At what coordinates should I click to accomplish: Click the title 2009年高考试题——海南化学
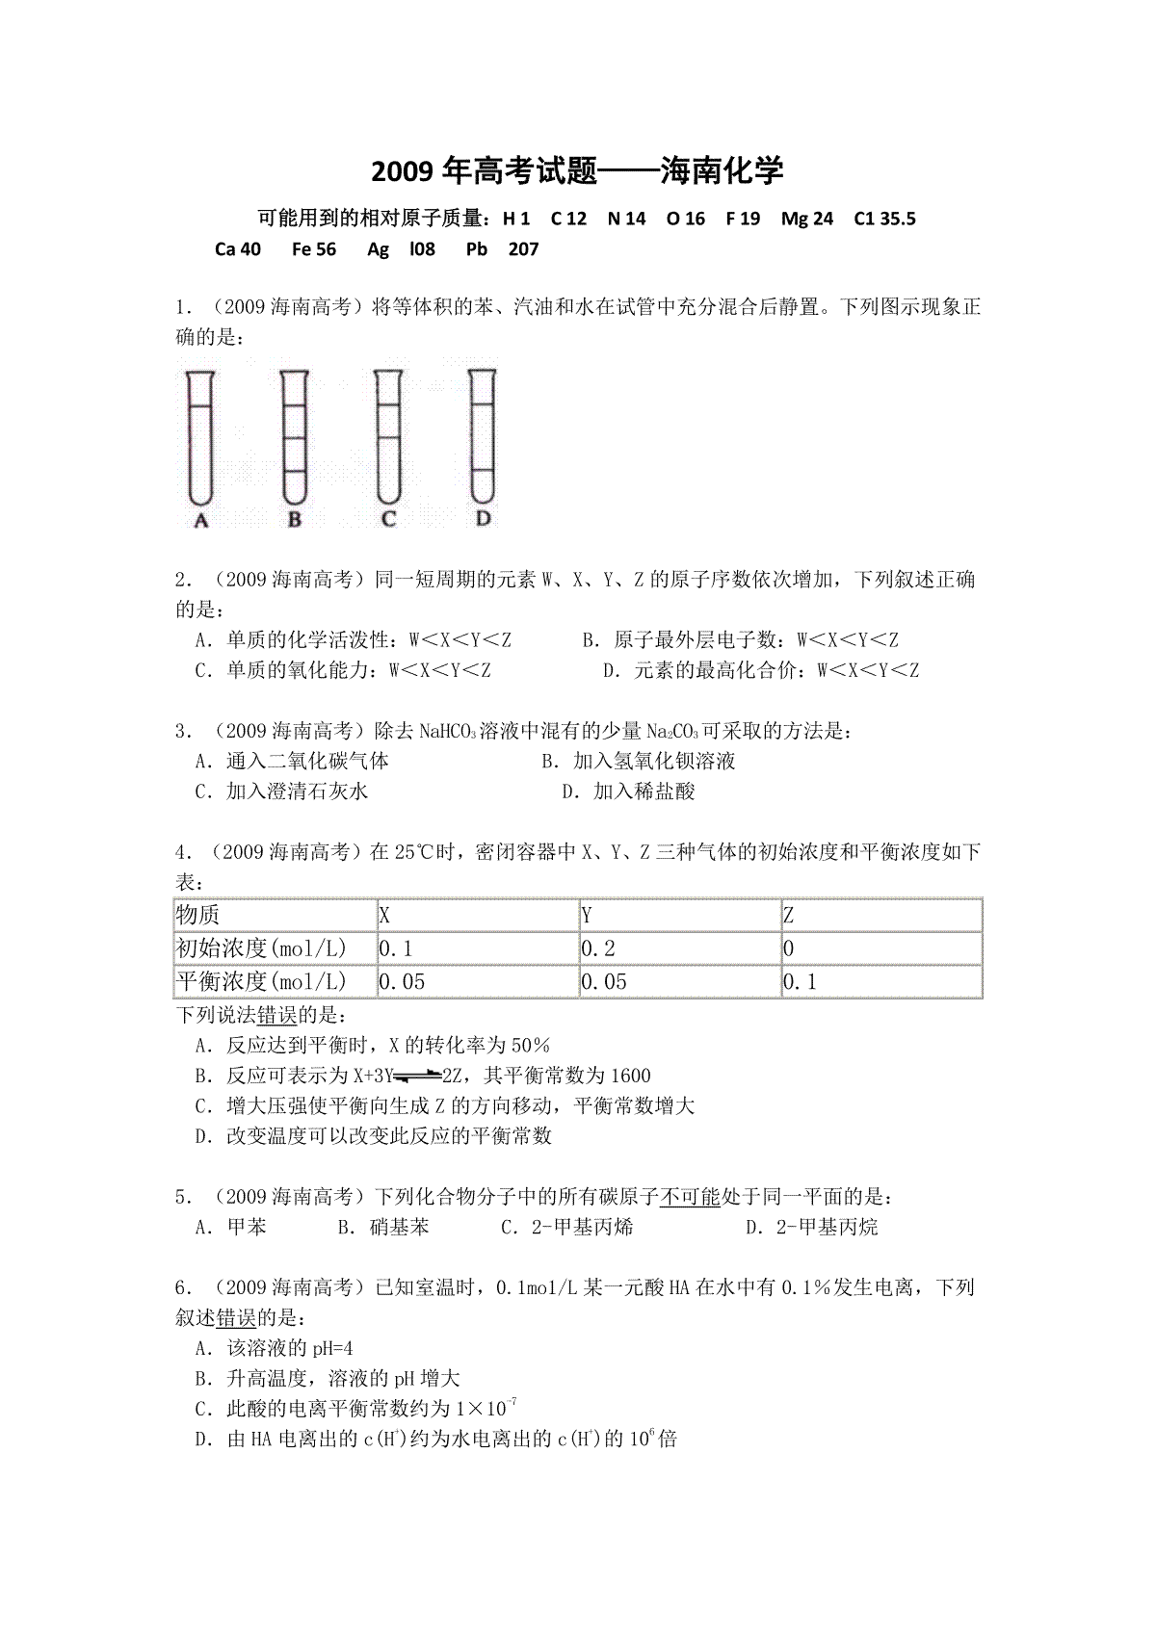click(x=577, y=171)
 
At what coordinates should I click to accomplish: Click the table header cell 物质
click(x=275, y=915)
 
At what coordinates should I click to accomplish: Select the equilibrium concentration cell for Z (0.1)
click(x=880, y=982)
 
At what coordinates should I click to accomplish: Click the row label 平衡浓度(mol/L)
click(x=275, y=982)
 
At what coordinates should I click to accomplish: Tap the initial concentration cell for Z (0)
click(x=880, y=948)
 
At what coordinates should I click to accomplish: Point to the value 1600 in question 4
click(x=631, y=1076)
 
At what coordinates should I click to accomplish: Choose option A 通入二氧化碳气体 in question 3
click(x=293, y=762)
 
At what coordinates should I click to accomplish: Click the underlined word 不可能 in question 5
click(x=691, y=1197)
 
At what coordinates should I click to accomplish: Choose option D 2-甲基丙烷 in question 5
click(x=813, y=1227)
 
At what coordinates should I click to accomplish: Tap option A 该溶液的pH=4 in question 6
click(x=275, y=1348)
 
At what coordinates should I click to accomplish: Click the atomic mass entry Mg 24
click(x=807, y=219)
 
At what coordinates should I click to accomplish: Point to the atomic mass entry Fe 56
click(x=314, y=249)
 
